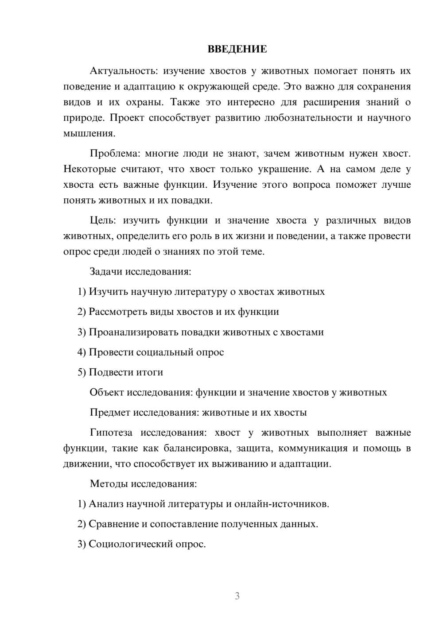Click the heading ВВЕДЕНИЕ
coord(237,49)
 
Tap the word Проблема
coord(114,154)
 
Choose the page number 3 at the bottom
coord(237,596)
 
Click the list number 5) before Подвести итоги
coord(82,372)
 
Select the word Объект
coord(107,392)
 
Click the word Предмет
coord(109,413)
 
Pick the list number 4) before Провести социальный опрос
coord(82,352)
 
